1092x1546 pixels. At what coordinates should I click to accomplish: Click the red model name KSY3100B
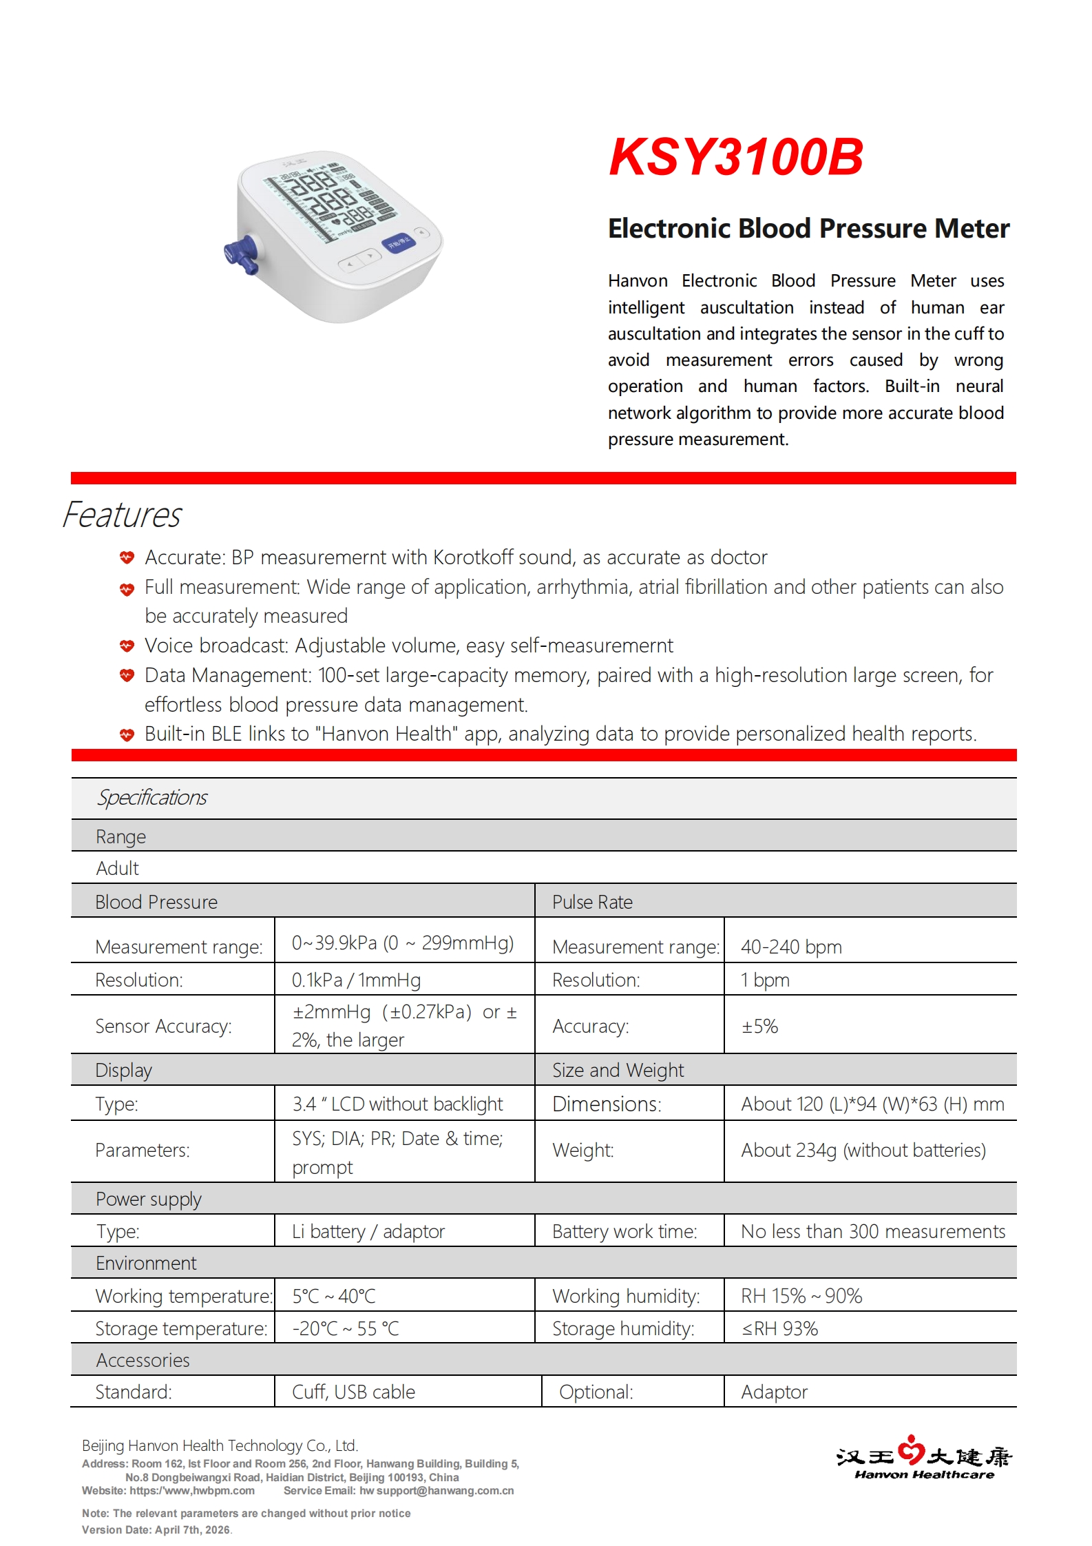click(735, 157)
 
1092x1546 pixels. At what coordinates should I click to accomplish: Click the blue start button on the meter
click(399, 243)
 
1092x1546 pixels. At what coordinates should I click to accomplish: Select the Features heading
click(122, 515)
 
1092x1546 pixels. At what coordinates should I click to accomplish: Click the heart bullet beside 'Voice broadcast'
click(127, 646)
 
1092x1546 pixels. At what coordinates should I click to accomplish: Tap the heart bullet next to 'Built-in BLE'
click(127, 734)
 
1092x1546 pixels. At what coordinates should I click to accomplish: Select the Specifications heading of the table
click(152, 798)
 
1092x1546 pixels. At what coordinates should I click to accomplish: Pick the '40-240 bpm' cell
click(791, 947)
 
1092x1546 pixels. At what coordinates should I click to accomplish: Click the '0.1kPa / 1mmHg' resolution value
click(356, 980)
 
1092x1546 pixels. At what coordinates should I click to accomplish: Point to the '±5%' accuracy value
click(759, 1027)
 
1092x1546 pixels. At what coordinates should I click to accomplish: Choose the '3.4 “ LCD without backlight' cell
click(397, 1104)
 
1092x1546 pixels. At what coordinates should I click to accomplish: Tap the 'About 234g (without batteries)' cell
click(863, 1150)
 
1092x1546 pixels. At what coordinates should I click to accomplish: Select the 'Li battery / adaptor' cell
click(368, 1231)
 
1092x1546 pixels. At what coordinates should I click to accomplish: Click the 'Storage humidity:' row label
click(623, 1328)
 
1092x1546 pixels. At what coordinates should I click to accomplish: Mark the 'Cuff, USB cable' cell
click(353, 1392)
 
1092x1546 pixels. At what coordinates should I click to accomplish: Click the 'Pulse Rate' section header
click(592, 902)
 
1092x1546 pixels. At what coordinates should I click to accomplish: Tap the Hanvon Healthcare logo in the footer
click(923, 1456)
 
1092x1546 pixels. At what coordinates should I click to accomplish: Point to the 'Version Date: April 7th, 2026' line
click(156, 1529)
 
